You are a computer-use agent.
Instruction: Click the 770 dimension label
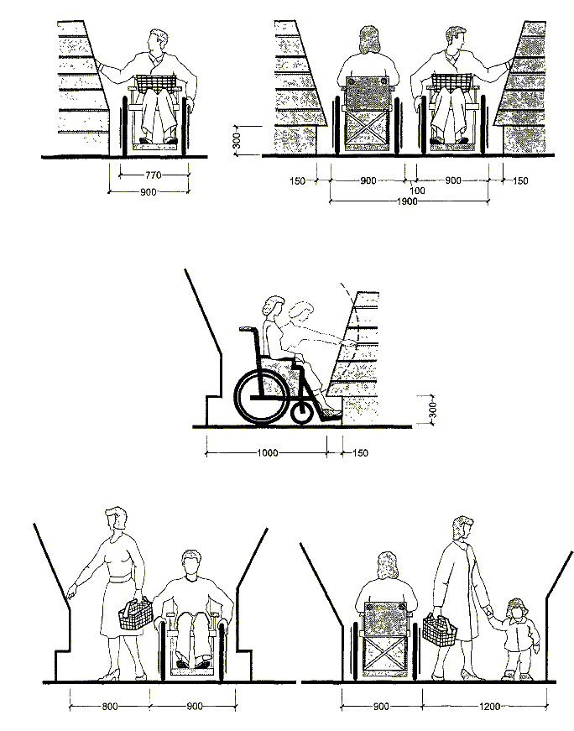pos(154,175)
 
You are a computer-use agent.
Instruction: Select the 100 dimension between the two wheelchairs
pos(417,191)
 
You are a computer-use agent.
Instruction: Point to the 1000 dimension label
pos(268,452)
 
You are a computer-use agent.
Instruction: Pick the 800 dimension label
pos(110,707)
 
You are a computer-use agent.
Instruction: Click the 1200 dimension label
pos(489,707)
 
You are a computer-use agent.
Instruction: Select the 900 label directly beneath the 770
pos(148,192)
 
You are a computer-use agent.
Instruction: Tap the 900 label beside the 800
pos(195,707)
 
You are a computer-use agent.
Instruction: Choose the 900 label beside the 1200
pos(381,707)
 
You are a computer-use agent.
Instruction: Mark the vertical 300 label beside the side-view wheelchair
pos(433,410)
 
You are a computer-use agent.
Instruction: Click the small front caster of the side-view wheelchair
pos(301,411)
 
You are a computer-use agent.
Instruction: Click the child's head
pos(517,610)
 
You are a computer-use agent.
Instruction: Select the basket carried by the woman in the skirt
pos(136,615)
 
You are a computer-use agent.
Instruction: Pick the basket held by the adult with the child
pos(439,630)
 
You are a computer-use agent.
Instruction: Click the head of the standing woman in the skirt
pos(116,519)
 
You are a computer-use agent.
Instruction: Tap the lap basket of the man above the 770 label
pos(156,82)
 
